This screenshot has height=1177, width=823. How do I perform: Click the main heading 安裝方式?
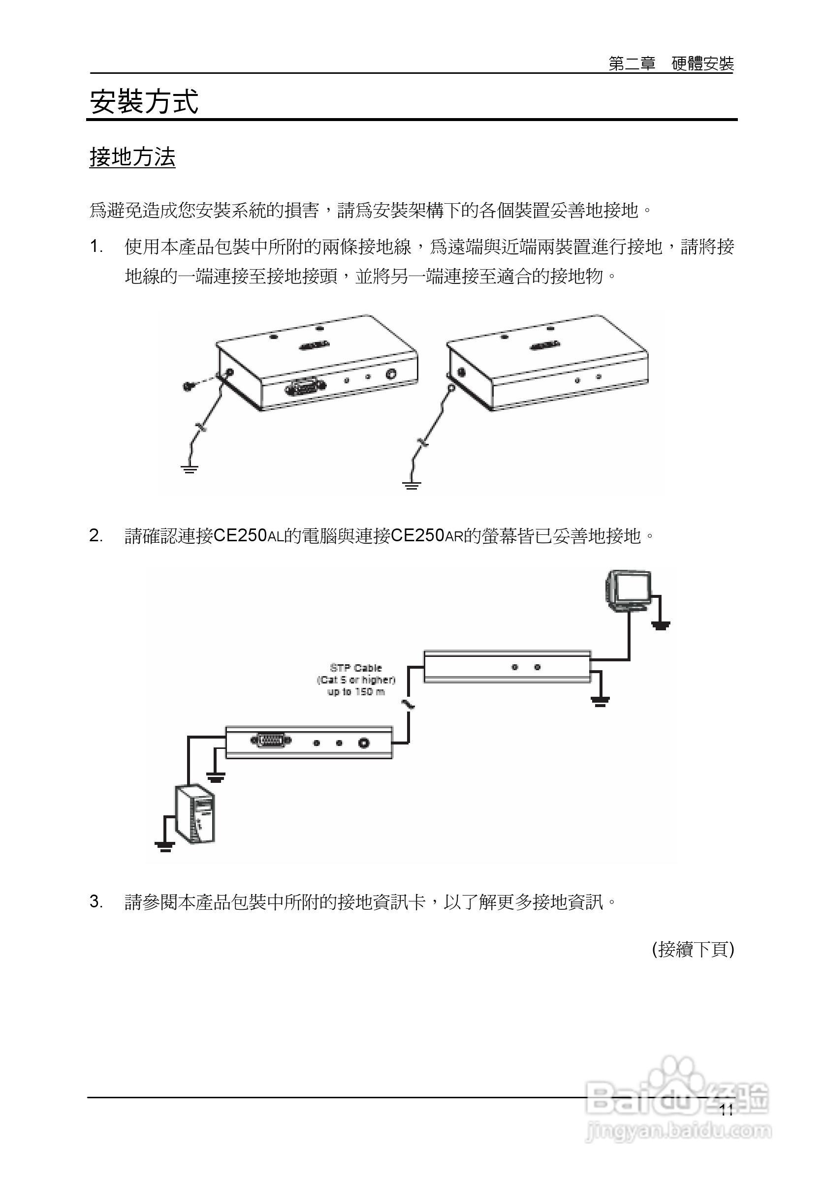tap(144, 101)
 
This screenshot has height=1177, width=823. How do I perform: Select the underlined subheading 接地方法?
tap(132, 157)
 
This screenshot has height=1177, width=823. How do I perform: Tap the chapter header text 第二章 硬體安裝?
tap(671, 63)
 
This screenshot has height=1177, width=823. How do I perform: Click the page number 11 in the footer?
tap(726, 1111)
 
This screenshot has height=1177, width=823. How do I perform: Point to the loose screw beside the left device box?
tap(188, 385)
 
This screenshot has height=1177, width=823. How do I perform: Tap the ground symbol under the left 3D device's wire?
tap(189, 468)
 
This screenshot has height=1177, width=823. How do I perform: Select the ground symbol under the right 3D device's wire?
tap(411, 485)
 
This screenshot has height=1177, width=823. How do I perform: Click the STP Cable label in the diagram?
tap(356, 668)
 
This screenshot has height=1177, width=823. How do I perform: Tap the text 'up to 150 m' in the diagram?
tap(356, 692)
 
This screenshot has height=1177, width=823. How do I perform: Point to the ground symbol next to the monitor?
tap(661, 625)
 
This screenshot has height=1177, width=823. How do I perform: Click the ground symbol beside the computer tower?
tap(164, 846)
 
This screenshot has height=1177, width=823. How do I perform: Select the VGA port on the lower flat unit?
tap(270, 740)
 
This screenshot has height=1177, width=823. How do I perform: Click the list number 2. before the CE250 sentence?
tap(96, 536)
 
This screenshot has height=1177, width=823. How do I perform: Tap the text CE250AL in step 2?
tap(248, 536)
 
